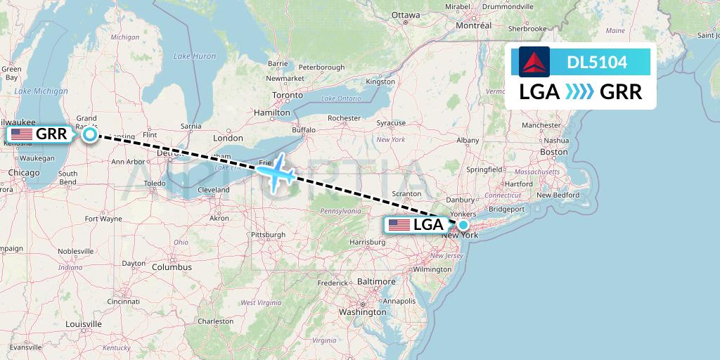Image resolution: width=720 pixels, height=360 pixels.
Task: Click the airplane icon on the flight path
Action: [277, 171]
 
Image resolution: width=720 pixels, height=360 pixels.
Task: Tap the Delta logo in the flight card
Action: [534, 62]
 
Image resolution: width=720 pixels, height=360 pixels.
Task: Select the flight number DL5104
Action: [597, 62]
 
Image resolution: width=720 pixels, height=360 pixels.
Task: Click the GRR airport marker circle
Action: [90, 134]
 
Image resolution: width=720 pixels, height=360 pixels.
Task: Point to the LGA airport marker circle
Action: [463, 225]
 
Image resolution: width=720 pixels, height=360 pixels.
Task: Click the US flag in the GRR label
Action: [21, 134]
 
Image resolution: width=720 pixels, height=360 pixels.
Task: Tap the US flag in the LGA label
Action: [399, 225]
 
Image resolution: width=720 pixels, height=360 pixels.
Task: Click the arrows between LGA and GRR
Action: [579, 92]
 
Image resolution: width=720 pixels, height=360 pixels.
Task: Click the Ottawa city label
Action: [405, 14]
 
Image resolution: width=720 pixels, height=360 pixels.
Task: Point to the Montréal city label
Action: [473, 25]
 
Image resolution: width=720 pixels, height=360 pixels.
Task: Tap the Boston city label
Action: [553, 152]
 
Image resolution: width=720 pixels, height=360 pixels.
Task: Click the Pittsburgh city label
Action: [268, 234]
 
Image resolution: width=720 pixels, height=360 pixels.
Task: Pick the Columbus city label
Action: [171, 267]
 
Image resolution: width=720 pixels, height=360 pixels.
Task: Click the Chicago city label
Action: [25, 172]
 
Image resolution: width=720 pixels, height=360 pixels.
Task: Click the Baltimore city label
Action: [375, 281]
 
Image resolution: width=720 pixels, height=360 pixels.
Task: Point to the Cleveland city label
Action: [213, 190]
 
